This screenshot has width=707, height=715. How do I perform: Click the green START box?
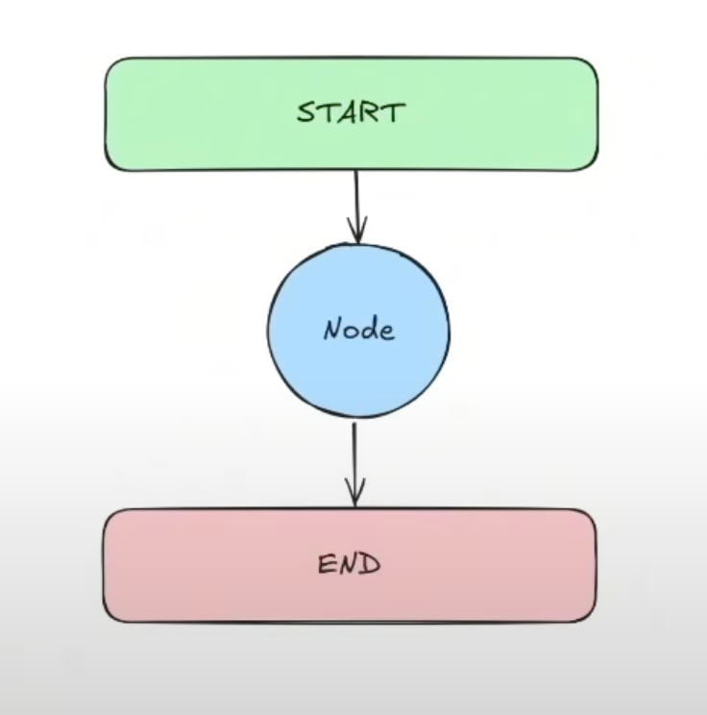(x=352, y=114)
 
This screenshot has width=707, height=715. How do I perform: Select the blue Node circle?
(x=358, y=331)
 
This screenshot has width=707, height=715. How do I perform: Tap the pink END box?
(x=350, y=565)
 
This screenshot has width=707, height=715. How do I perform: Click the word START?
(x=351, y=112)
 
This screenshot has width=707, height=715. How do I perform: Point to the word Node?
(x=358, y=329)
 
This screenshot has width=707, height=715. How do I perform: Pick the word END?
(x=349, y=564)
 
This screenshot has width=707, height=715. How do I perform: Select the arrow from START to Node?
(x=357, y=208)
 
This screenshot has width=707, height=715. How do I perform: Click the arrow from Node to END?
(x=354, y=465)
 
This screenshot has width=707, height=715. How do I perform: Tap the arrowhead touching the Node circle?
(x=357, y=232)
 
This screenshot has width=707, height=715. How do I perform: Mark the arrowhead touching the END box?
(x=355, y=492)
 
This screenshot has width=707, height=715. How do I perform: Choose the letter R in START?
(x=371, y=112)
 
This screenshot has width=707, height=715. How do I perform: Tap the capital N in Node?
(x=333, y=329)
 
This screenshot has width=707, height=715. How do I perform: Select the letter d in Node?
(x=369, y=329)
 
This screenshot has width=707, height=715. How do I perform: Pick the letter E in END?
(x=326, y=564)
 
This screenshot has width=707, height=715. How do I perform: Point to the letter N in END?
(x=348, y=564)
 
